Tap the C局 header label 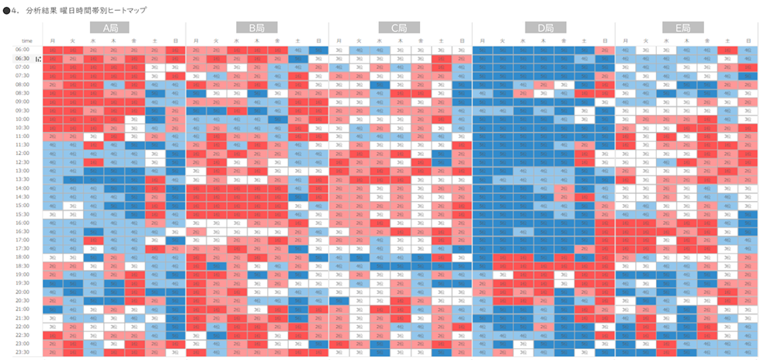point(399,27)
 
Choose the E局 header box point(683,27)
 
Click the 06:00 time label point(23,49)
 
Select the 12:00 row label point(23,153)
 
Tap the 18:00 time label point(23,257)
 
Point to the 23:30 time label point(23,352)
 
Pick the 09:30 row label point(23,110)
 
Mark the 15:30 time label point(23,214)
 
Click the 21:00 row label point(23,309)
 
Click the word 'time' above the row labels point(26,40)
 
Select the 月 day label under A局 point(52,40)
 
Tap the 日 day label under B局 point(318,40)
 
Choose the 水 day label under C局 point(379,40)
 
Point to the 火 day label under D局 point(502,40)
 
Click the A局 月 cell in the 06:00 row point(52,49)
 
